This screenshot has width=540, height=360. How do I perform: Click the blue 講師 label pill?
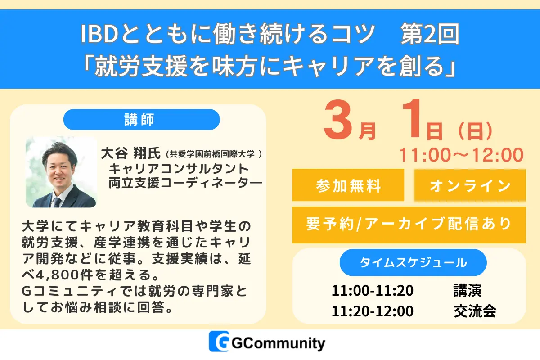[x=141, y=120]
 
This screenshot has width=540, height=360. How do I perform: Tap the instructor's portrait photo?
[x=61, y=172]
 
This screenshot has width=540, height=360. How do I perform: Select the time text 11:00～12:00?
[x=462, y=155]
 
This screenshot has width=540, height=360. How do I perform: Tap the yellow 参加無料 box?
[x=348, y=185]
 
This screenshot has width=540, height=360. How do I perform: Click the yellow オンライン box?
[x=470, y=185]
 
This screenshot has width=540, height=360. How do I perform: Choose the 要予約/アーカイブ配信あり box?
[x=409, y=224]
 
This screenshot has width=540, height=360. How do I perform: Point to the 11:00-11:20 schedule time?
[x=372, y=290]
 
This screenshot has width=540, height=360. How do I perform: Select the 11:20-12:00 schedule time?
[x=372, y=311]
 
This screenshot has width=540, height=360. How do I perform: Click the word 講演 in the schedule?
[x=468, y=290]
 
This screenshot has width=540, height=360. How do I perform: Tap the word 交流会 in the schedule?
[x=475, y=311]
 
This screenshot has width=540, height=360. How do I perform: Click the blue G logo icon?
[x=219, y=343]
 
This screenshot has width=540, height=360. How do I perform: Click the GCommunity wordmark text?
[x=278, y=344]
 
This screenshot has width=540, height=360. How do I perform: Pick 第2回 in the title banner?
[x=429, y=35]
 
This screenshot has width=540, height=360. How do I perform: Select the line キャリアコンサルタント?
[x=179, y=169]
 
